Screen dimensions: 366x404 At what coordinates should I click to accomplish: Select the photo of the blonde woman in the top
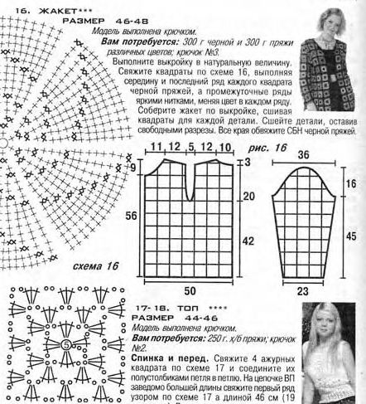(x=331, y=352)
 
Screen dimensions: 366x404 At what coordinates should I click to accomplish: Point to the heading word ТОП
(x=183, y=309)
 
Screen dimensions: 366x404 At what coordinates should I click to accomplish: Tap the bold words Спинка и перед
(x=164, y=358)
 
